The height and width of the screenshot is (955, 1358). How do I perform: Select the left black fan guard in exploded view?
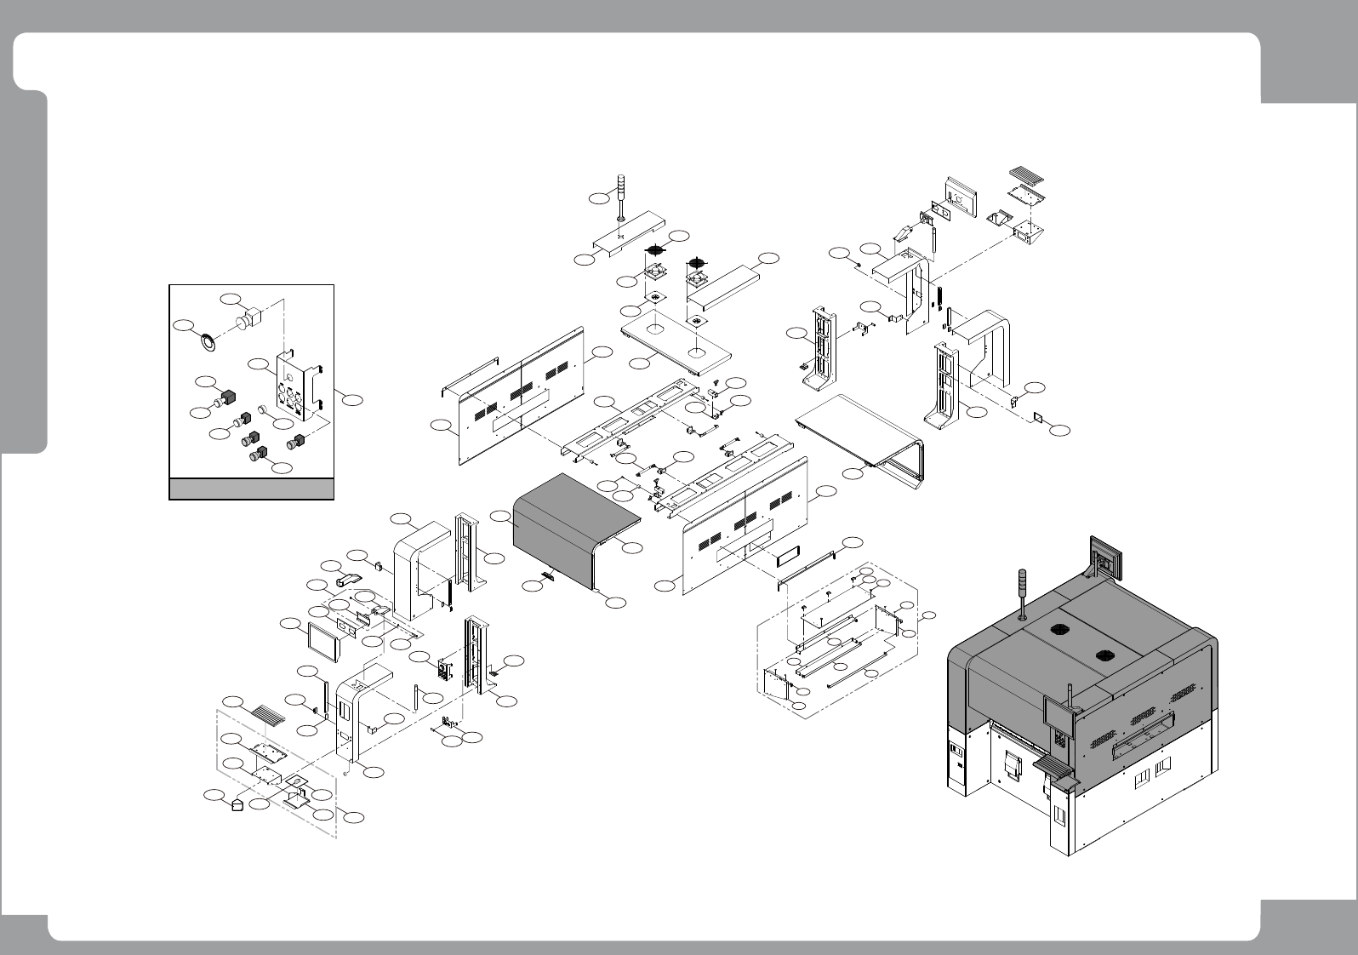[x=656, y=251]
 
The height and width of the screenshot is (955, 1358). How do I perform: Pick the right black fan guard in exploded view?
[x=699, y=260]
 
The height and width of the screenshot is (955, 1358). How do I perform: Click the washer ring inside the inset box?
[x=207, y=341]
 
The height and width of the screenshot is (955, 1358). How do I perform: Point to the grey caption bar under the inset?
[x=251, y=489]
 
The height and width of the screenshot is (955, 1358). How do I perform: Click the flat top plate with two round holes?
[x=677, y=342]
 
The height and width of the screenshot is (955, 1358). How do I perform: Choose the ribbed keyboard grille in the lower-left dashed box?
[x=267, y=712]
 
